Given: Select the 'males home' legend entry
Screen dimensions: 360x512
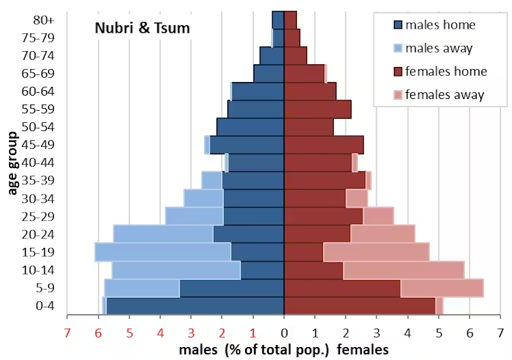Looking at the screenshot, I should [440, 25].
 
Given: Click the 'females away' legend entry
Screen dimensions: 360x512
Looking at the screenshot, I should [444, 95].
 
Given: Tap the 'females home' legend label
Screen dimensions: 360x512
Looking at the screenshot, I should [446, 72].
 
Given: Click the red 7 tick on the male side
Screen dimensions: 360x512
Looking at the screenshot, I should [68, 333].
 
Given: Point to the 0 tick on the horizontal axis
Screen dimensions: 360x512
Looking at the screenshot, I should [285, 333].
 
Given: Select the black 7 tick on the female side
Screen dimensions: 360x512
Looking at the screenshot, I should [501, 333].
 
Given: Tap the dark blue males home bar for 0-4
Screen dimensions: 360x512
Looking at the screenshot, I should [195, 305].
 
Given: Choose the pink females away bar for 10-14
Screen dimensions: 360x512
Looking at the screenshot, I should [403, 270].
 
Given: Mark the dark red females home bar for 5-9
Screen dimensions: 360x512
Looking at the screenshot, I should [342, 288].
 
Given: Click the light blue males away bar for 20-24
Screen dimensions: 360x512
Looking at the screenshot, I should [163, 234].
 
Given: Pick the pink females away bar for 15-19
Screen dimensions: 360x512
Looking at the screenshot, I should [376, 252].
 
